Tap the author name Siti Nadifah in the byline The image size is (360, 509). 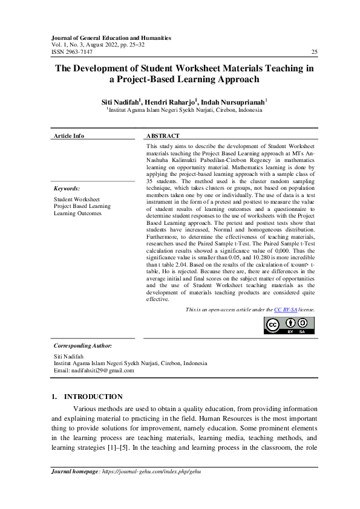[122, 103]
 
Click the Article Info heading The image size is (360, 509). [69, 136]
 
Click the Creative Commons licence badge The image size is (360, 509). [289, 325]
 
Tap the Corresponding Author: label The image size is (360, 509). [82, 345]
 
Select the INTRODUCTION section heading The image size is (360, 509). [93, 397]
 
